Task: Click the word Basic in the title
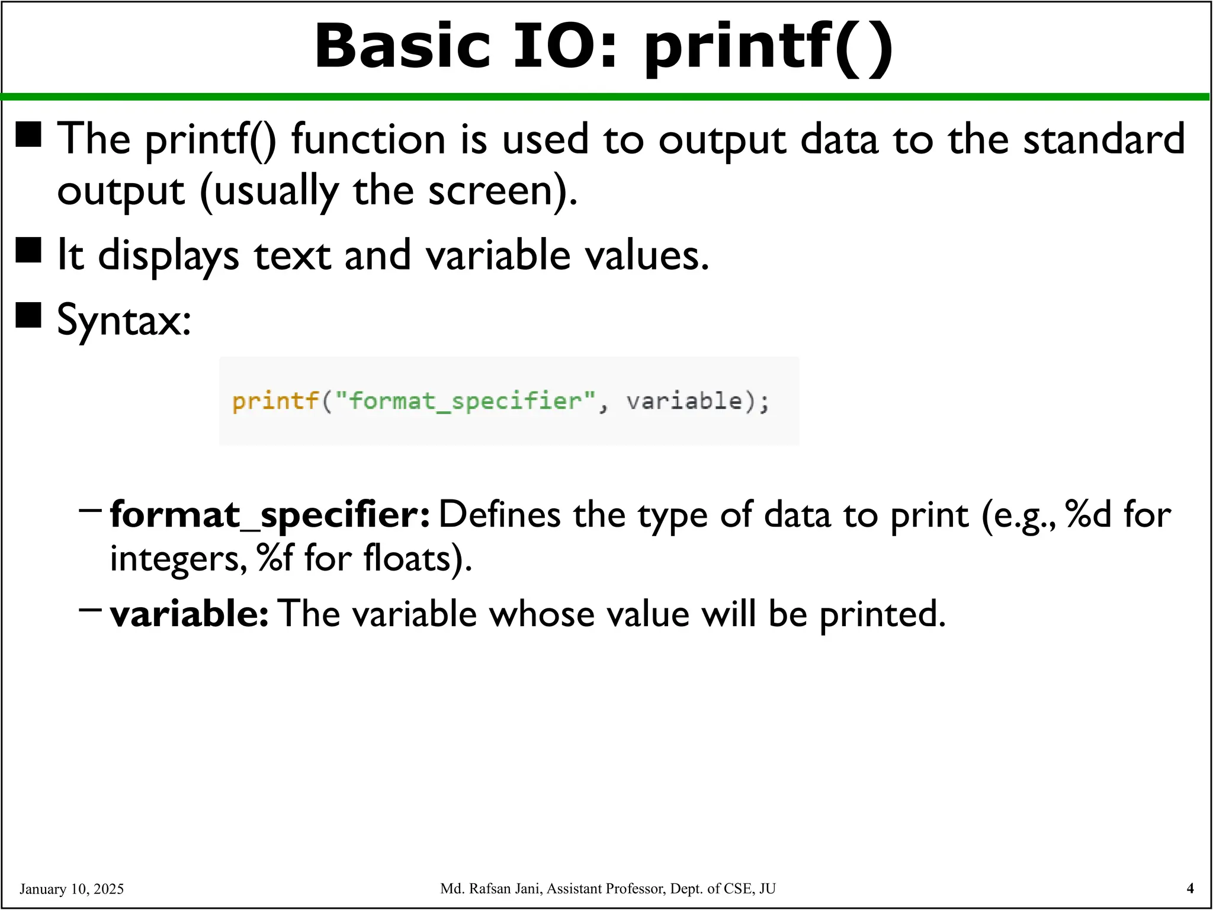point(403,46)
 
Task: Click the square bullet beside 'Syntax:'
point(28,315)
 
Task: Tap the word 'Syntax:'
point(124,320)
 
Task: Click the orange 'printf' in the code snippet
point(275,401)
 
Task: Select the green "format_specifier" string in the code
point(465,401)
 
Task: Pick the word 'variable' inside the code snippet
point(684,401)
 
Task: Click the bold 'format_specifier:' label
point(270,514)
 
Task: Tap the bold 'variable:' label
point(190,613)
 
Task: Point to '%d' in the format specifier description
point(1088,514)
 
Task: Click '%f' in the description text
point(275,558)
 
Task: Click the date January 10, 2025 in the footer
point(72,889)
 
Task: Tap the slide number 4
point(1190,888)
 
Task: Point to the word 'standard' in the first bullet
point(1104,140)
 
